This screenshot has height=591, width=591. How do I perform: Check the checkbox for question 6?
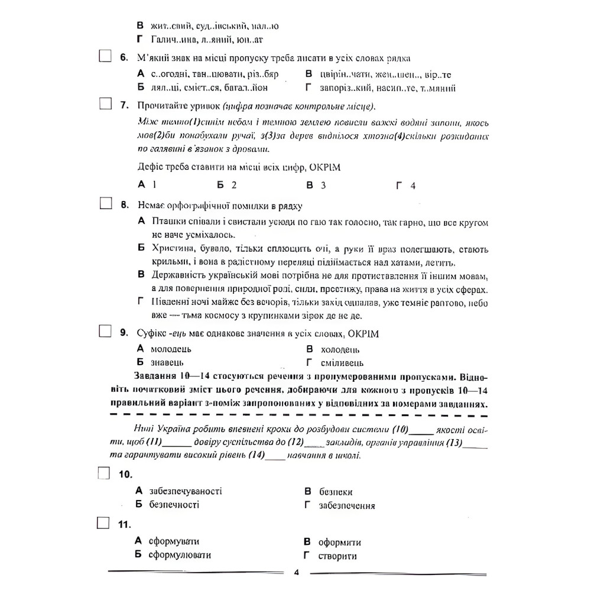(x=105, y=57)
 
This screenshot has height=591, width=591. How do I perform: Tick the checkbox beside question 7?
(x=105, y=105)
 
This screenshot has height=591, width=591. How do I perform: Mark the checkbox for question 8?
(x=105, y=204)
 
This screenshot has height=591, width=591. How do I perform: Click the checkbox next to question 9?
(x=105, y=332)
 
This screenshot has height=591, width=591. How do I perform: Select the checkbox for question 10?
(x=104, y=473)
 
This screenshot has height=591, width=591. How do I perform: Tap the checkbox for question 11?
(x=104, y=523)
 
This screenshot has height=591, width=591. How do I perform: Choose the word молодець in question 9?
(x=171, y=349)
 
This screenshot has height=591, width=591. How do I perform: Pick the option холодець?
(x=340, y=349)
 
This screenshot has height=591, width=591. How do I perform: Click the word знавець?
(x=167, y=362)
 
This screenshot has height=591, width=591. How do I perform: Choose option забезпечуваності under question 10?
(x=186, y=491)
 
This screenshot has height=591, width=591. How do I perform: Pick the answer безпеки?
(x=336, y=492)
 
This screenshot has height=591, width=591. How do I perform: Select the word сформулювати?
(x=180, y=555)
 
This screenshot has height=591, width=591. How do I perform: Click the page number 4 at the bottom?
(x=297, y=572)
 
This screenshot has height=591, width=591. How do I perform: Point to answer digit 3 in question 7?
(x=323, y=185)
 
